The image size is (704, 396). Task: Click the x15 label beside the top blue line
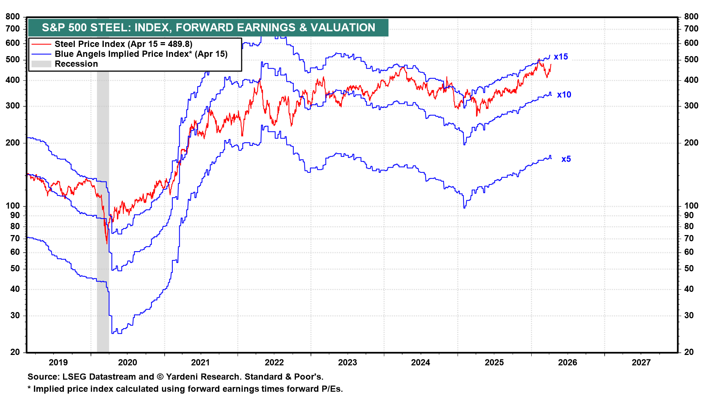(561, 57)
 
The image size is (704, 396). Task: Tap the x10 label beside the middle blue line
(564, 95)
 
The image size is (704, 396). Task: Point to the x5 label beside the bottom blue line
(566, 159)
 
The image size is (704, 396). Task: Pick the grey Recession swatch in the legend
(41, 64)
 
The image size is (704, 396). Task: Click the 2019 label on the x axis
(58, 363)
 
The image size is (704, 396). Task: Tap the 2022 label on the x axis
(274, 363)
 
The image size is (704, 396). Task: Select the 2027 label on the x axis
(641, 363)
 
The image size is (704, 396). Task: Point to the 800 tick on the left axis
(13, 16)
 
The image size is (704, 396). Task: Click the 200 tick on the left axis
(13, 143)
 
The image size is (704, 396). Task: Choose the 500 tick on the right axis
(691, 59)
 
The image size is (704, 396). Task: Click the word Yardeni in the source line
(181, 377)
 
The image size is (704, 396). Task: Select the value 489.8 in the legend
(178, 44)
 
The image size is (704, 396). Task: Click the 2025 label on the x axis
(494, 363)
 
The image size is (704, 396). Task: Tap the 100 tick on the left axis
(13, 206)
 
